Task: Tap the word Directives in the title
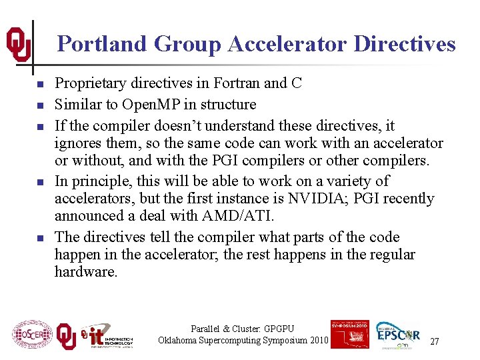point(405,44)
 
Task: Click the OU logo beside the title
point(18,44)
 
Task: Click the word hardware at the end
point(85,272)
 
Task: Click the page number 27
point(434,341)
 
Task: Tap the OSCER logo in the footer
point(32,335)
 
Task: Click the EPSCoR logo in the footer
point(398,333)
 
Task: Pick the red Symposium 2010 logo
point(349,334)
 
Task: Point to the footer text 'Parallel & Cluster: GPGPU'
point(242,329)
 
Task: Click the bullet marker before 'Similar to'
point(40,105)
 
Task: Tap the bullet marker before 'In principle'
point(40,182)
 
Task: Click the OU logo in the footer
point(65,336)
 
